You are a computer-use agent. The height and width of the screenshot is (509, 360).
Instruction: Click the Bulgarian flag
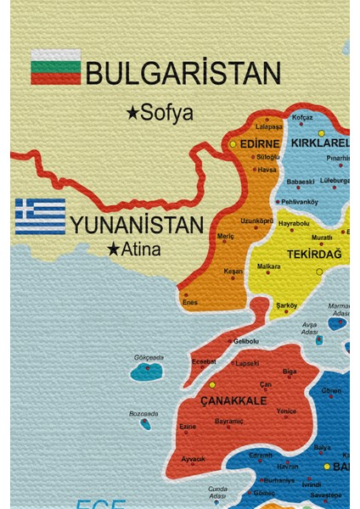[56, 66]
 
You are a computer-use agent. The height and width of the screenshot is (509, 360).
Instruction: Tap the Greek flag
[40, 216]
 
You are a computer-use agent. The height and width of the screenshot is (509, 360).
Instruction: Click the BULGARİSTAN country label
[183, 75]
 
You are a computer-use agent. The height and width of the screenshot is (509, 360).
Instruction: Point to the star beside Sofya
[132, 111]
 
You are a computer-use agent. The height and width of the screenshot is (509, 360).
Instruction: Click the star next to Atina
[113, 249]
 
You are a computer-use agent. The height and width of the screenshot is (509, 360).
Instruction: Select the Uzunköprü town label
[256, 221]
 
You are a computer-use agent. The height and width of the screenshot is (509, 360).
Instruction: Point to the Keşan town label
[233, 271]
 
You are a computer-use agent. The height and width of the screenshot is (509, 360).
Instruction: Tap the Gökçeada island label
[149, 358]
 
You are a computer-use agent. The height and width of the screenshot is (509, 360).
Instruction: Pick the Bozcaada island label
[143, 414]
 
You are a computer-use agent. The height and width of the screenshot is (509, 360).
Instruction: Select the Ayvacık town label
[194, 458]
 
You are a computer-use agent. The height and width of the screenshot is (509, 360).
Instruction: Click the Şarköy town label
[286, 305]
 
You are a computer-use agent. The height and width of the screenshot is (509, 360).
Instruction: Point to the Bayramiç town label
[229, 421]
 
